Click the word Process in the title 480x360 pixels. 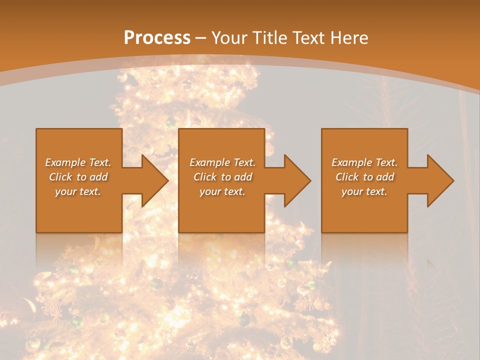[x=157, y=38]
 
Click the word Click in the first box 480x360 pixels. [x=60, y=177]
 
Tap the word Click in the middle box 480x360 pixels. [x=205, y=177]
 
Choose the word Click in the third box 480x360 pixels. [x=347, y=177]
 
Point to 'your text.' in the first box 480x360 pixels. [x=78, y=191]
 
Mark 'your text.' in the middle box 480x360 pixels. [x=222, y=191]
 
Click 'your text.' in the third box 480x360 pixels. [x=364, y=191]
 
